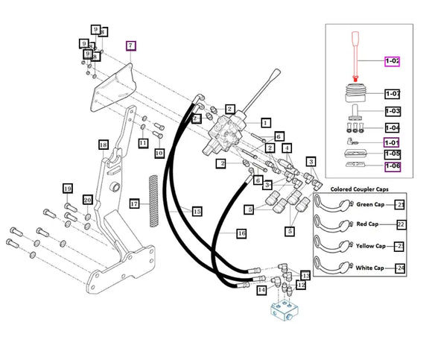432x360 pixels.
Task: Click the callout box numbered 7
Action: coord(131,45)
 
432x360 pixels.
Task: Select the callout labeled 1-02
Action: coord(392,61)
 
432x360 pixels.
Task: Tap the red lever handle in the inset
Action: coord(355,56)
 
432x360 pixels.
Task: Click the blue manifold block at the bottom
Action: coord(285,312)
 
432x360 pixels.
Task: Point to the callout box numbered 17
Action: coord(135,204)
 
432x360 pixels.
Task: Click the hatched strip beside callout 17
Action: coord(153,201)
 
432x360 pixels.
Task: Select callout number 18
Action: coord(104,145)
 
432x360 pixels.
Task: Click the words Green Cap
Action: coord(370,204)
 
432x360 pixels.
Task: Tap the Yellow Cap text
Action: coord(371,246)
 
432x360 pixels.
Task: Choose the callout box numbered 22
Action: coord(401,224)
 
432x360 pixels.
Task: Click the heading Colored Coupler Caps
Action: coord(360,189)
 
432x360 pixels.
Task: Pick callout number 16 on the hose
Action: coord(241,234)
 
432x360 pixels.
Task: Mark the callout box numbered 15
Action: coord(197,212)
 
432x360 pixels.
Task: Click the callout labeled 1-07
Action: coord(393,94)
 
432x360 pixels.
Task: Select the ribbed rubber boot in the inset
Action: coord(355,92)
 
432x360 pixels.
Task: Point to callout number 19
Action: coord(68,189)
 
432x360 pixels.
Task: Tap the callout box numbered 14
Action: coord(261,290)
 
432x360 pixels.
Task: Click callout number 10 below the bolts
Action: coord(159,154)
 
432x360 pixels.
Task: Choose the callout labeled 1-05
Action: coord(393,154)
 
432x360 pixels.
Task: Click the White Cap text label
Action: coord(369,268)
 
